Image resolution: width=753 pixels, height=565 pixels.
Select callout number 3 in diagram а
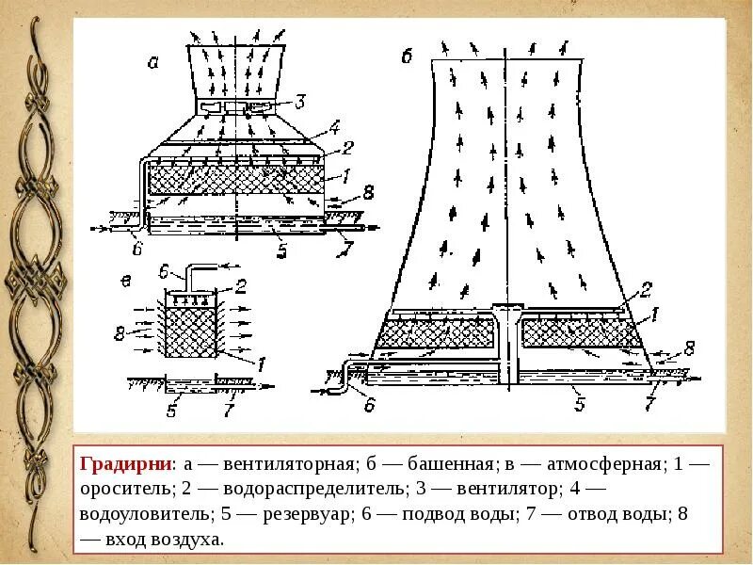pyautogui.click(x=300, y=102)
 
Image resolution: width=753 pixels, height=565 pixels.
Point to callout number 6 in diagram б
pyautogui.click(x=369, y=405)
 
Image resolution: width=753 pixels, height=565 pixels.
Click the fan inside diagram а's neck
pyautogui.click(x=241, y=109)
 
